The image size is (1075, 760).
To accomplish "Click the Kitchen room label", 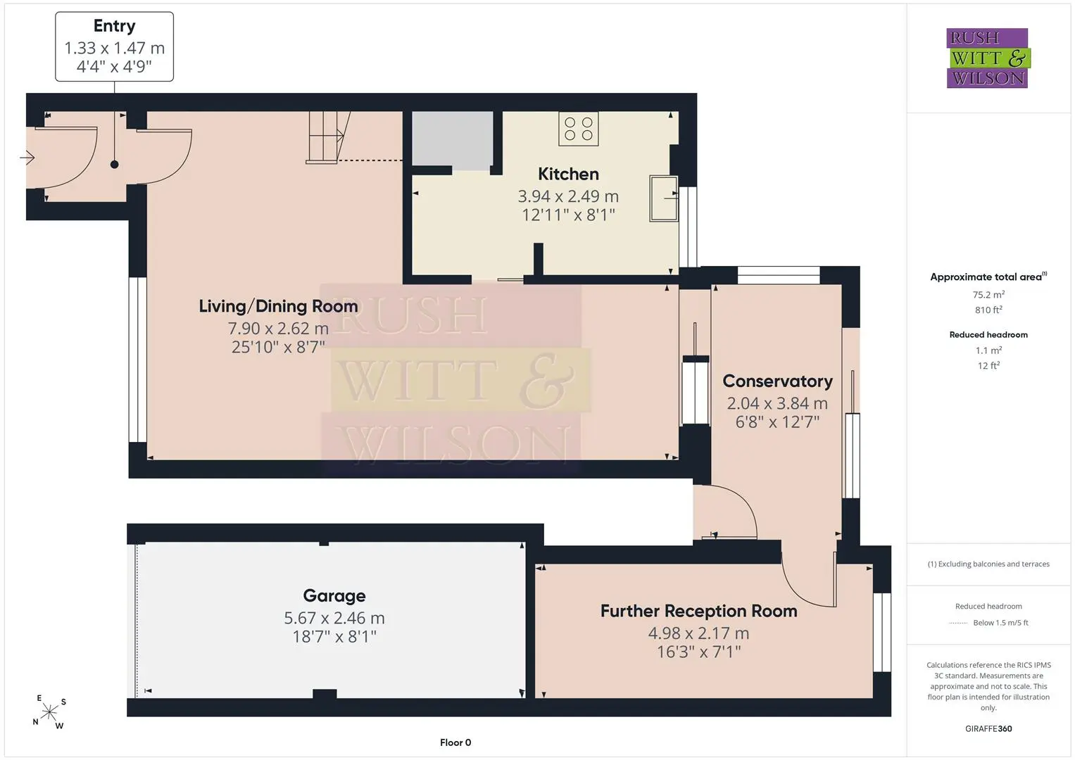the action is [x=568, y=174].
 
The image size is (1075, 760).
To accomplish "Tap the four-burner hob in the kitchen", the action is [x=578, y=129].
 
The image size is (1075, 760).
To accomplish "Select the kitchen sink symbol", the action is [x=664, y=198].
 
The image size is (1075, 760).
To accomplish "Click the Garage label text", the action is [x=334, y=596].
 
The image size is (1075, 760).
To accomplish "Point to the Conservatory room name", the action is [x=777, y=381].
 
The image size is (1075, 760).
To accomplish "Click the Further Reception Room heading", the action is [x=699, y=611].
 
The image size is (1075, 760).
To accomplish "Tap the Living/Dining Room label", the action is [x=278, y=306].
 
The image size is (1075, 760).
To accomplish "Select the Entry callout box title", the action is [x=114, y=26].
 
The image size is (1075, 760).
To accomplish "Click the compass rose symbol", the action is [x=49, y=712].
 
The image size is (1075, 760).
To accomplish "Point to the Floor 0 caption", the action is [x=455, y=742].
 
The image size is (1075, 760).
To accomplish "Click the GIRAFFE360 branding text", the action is [x=988, y=728].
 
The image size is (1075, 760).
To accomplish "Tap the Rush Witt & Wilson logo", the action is [x=988, y=58].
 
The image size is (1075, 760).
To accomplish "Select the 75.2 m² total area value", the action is [x=988, y=295].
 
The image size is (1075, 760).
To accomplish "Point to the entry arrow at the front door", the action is [x=27, y=158].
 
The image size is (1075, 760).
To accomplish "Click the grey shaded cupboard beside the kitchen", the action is [x=453, y=141].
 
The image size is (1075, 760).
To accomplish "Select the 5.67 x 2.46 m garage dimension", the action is [x=334, y=618].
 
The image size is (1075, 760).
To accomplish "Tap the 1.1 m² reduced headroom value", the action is [x=988, y=350].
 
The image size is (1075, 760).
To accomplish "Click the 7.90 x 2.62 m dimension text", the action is [x=278, y=328].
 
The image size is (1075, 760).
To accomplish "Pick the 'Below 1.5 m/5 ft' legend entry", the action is [x=1000, y=623].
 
